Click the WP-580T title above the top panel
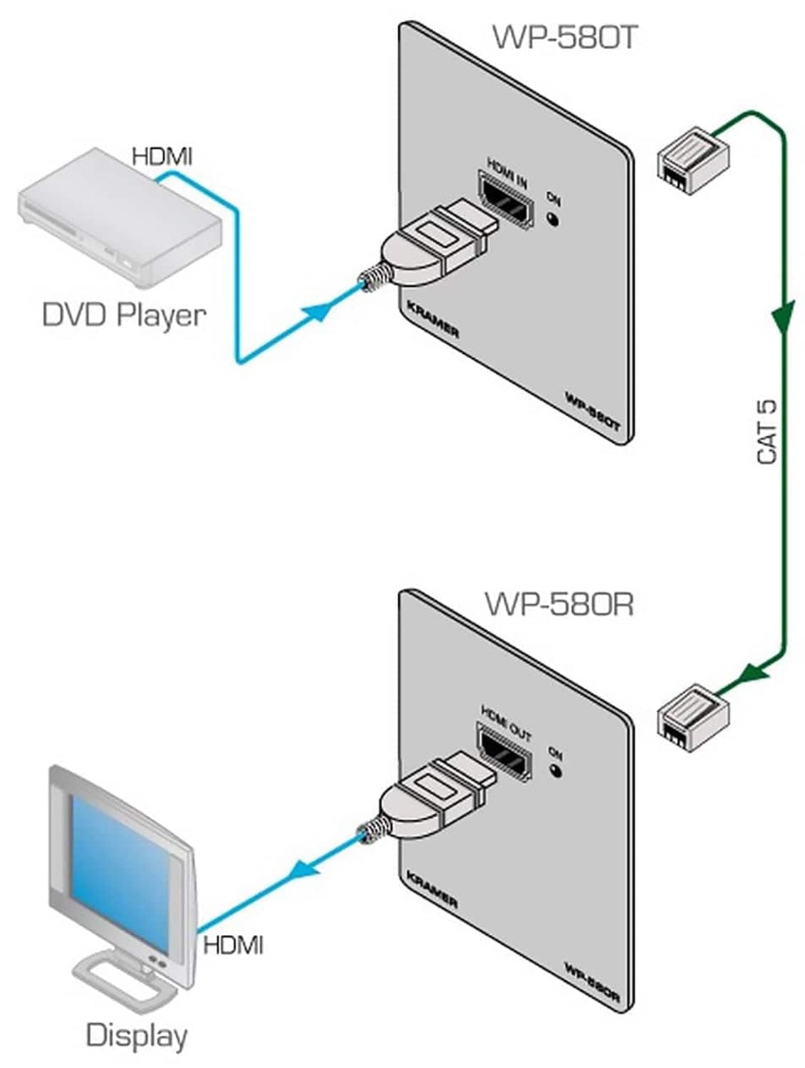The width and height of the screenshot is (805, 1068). (563, 37)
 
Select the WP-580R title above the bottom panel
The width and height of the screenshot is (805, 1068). (559, 604)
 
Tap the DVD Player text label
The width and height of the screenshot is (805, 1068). (124, 315)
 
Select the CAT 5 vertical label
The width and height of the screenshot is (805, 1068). (767, 432)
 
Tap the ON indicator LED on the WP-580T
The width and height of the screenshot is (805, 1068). (553, 219)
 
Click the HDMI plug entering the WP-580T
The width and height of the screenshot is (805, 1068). (427, 246)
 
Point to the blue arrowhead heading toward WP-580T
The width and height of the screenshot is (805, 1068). (318, 310)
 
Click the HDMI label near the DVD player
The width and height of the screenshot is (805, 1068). (162, 156)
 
